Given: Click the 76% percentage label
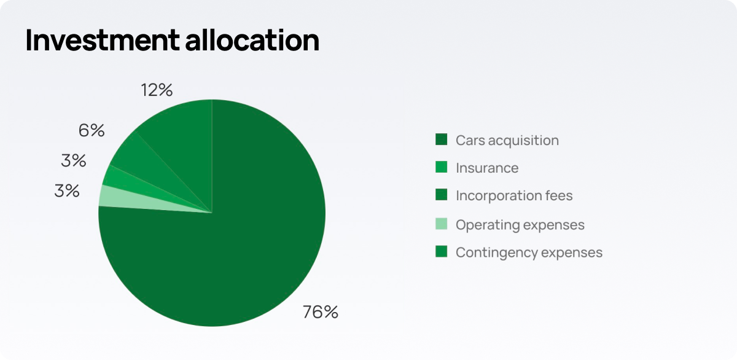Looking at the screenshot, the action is (x=320, y=312).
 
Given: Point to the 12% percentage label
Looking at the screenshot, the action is (x=157, y=90).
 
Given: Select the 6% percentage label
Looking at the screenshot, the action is (x=92, y=130).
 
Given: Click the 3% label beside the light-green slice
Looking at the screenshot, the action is (x=67, y=191).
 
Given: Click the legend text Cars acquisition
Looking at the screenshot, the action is (x=507, y=141).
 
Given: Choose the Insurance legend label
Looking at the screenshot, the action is (x=487, y=168).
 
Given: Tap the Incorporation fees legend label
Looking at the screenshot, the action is (x=514, y=195).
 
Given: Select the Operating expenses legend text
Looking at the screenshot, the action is (x=520, y=225).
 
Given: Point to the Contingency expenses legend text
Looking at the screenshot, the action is (x=529, y=252).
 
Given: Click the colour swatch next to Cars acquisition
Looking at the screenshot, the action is (x=441, y=139).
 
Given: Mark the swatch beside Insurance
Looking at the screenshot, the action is (x=441, y=167).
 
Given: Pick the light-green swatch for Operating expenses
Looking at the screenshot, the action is (x=441, y=224).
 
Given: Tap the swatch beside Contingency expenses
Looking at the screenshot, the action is (x=441, y=251).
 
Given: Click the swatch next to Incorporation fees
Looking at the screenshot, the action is (x=441, y=195).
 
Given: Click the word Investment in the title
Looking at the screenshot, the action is (x=103, y=40).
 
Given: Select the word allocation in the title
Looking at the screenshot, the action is (x=252, y=40).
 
